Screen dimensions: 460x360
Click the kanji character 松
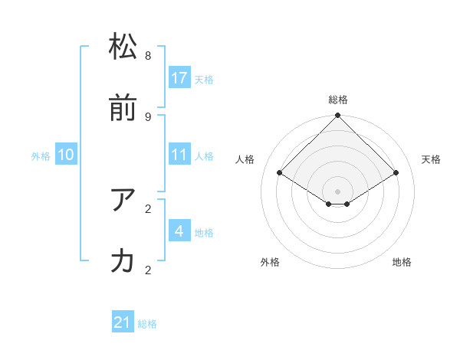click(x=123, y=47)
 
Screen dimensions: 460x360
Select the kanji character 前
click(x=123, y=108)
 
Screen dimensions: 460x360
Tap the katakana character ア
click(x=123, y=200)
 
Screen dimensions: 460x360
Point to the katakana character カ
click(x=123, y=261)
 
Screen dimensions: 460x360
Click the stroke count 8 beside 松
click(x=148, y=56)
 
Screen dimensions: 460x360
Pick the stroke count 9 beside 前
click(x=148, y=116)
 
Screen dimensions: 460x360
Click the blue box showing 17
click(x=179, y=78)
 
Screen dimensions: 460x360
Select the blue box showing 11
click(x=179, y=155)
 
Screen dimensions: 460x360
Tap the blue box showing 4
click(x=179, y=231)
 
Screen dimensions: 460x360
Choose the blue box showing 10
click(x=66, y=155)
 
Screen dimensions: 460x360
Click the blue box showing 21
click(x=123, y=323)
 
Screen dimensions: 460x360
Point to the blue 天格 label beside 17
click(x=204, y=80)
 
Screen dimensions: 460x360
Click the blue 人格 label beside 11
click(x=204, y=156)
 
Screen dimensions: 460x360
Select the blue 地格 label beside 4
click(x=204, y=233)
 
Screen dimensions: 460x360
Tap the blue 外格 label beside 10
click(x=41, y=156)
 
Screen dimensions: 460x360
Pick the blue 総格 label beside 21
click(x=147, y=325)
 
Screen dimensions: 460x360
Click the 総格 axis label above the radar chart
click(x=338, y=100)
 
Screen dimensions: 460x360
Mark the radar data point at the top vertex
click(x=338, y=116)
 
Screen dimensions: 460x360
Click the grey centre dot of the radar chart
click(x=338, y=191)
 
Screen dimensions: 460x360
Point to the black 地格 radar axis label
click(x=402, y=262)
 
